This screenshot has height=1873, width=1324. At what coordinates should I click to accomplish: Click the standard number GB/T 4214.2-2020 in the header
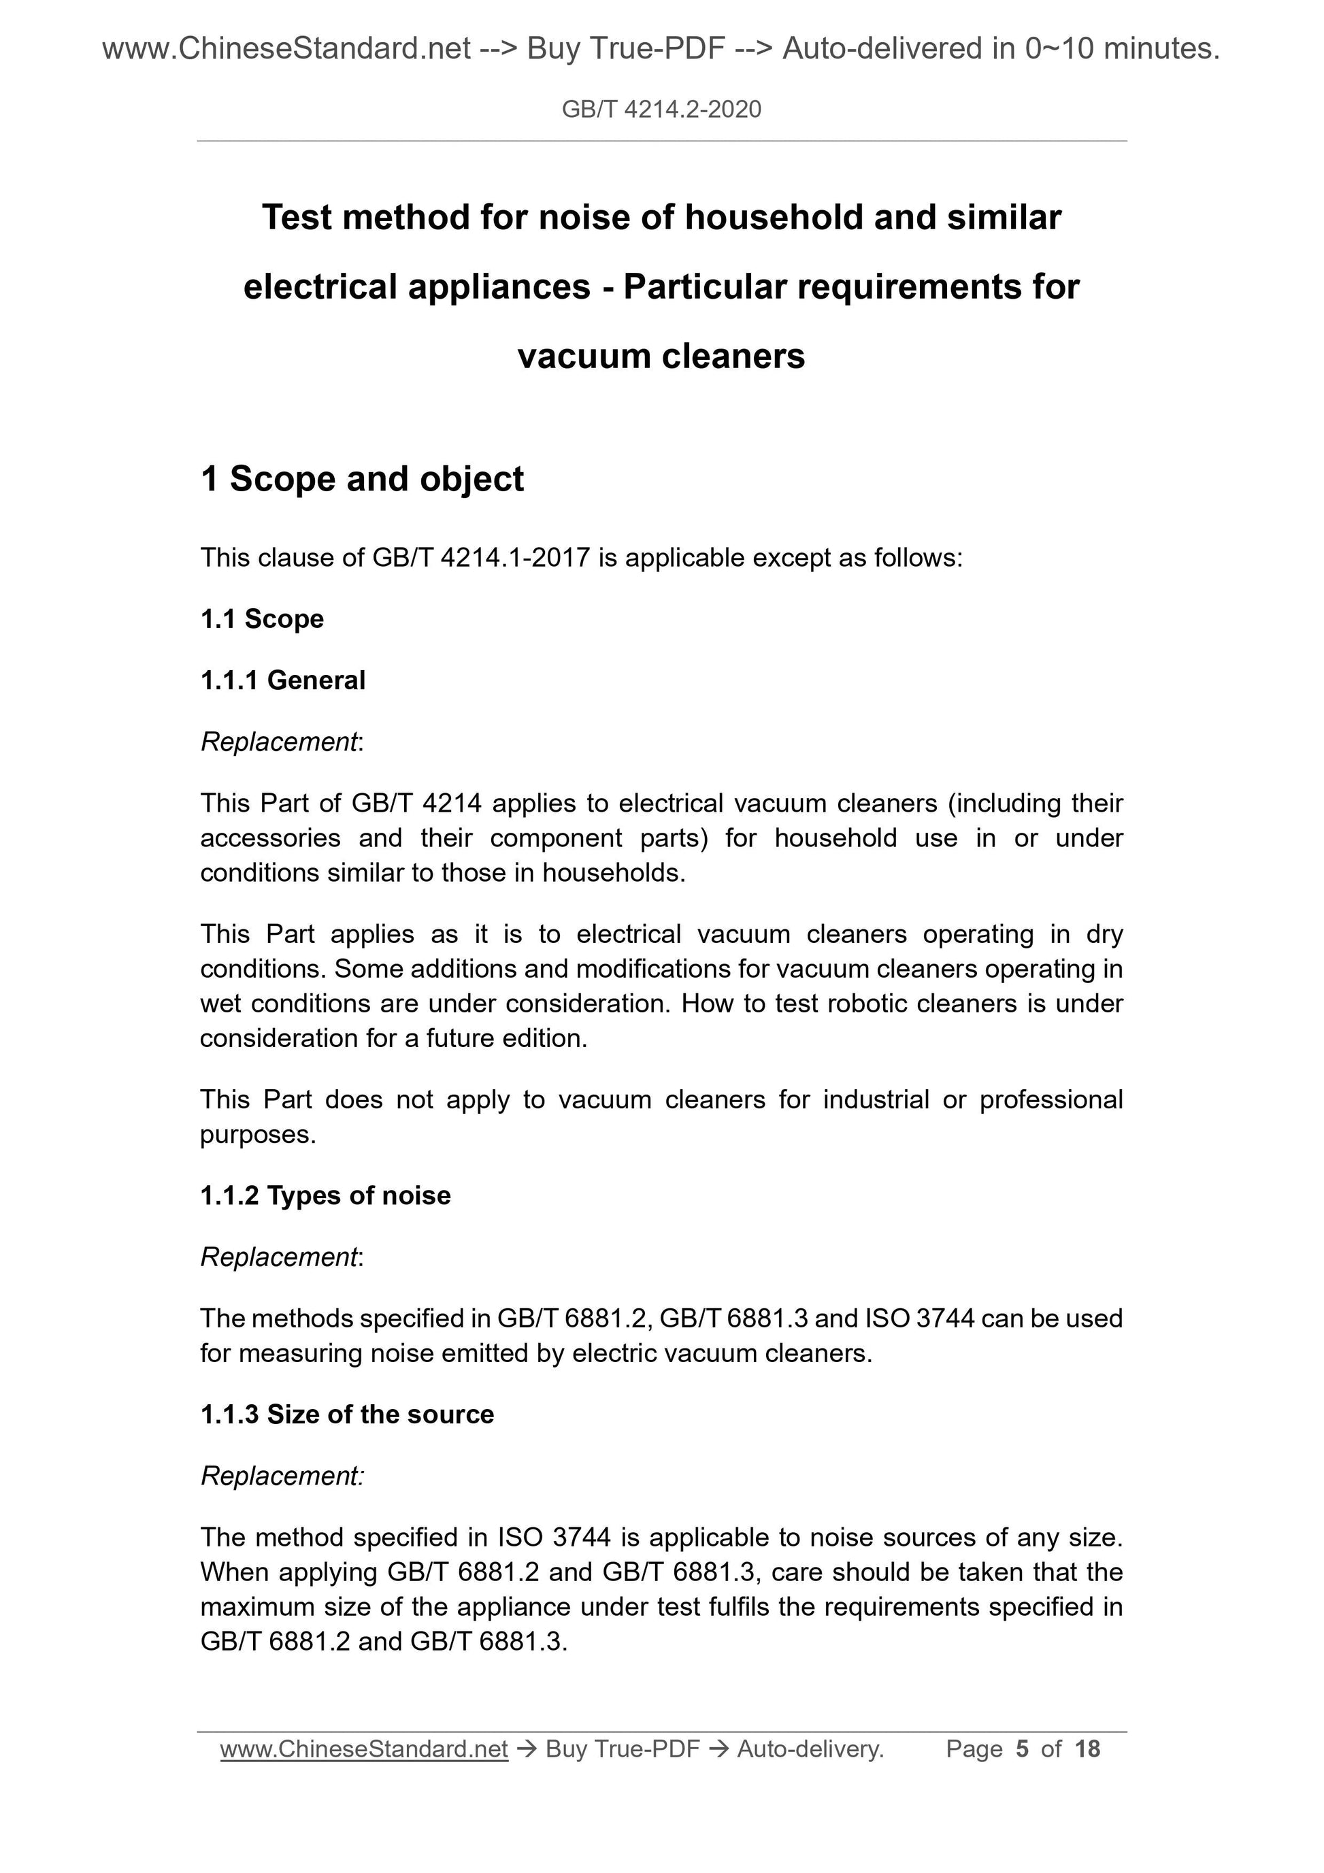[661, 110]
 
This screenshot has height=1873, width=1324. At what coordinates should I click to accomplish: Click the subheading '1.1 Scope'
[262, 619]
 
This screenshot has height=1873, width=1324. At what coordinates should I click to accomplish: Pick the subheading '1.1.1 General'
[283, 680]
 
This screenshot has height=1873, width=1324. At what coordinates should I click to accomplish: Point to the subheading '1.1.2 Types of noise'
[325, 1196]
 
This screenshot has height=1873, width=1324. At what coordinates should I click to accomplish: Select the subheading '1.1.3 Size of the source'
[347, 1414]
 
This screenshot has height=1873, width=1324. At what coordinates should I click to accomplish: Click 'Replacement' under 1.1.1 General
[279, 742]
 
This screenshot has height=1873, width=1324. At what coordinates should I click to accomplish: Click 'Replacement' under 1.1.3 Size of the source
[280, 1476]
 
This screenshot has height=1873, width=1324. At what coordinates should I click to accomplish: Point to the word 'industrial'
[876, 1099]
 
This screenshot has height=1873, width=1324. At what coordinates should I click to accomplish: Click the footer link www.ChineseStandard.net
[364, 1749]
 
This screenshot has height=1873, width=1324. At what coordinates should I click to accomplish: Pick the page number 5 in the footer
[1022, 1749]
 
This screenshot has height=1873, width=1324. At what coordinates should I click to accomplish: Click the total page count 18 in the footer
[1087, 1749]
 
